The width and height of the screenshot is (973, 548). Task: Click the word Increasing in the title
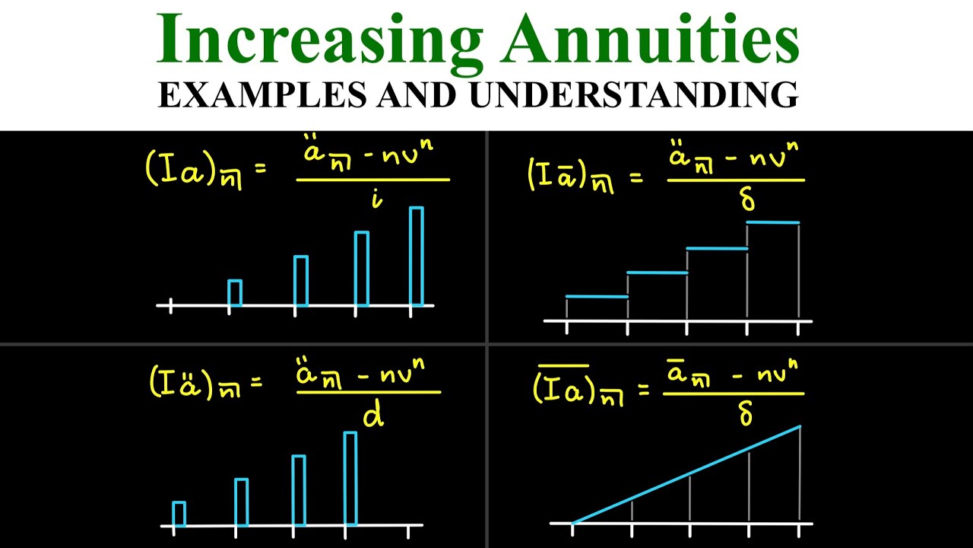point(319,40)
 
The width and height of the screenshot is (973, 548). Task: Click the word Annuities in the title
point(650,40)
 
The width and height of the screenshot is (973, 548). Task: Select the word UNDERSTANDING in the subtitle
point(634,94)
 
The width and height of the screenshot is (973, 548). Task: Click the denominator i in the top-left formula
point(376,199)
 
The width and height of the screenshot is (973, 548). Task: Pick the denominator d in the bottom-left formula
point(373,415)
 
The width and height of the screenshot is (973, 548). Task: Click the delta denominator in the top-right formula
point(747,199)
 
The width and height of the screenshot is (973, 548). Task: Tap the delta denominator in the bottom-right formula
point(746,413)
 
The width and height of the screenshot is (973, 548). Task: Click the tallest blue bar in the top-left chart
point(417,256)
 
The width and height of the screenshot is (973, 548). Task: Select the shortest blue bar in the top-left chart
point(235,293)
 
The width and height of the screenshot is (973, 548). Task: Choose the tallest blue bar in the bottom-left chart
point(350,478)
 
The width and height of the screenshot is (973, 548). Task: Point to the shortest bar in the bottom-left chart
point(179,514)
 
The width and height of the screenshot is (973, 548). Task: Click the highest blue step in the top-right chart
point(772,223)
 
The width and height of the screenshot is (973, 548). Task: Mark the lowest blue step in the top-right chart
point(597,297)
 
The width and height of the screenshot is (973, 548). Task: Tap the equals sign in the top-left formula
point(260,169)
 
